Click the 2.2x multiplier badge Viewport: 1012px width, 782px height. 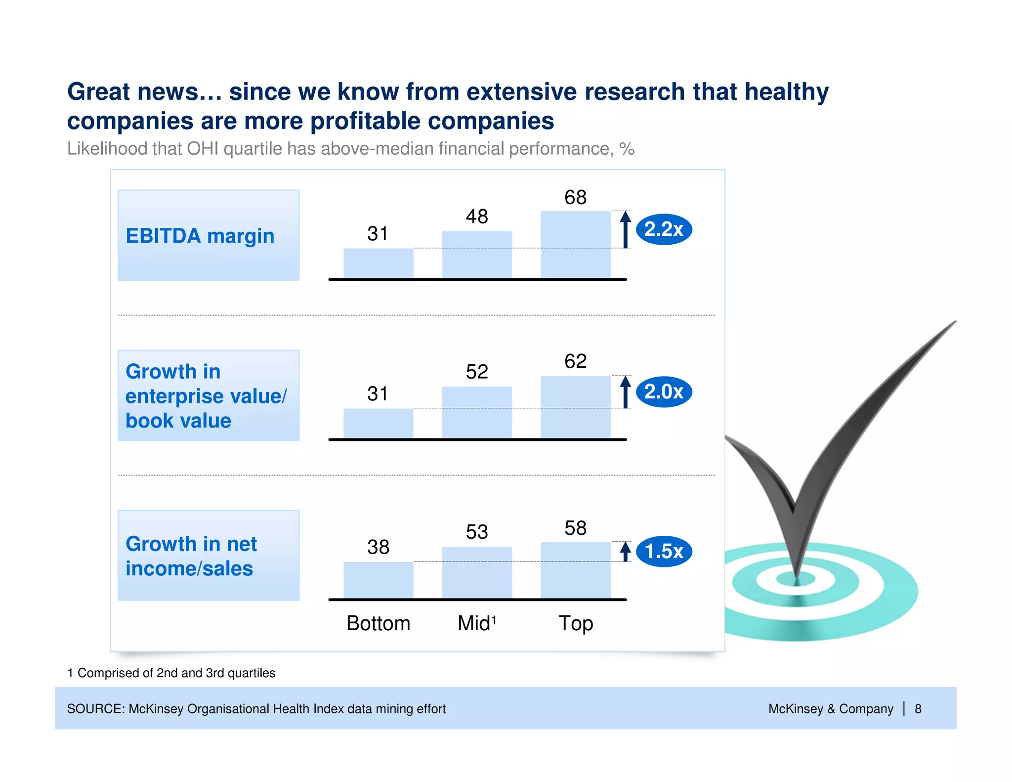[x=664, y=229]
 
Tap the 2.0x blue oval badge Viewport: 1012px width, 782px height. [x=664, y=392]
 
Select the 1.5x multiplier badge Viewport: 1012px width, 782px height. [x=664, y=551]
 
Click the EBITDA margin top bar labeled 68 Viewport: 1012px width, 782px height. [x=576, y=245]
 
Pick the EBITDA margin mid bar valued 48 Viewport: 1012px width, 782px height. [x=477, y=255]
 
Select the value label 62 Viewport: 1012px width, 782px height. [x=576, y=361]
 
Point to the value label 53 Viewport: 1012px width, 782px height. [x=477, y=532]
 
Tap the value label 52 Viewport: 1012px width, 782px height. [x=477, y=372]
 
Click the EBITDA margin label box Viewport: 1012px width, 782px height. [x=209, y=235]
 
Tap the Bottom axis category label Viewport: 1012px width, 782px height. [x=379, y=623]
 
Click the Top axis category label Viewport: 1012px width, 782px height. [x=576, y=623]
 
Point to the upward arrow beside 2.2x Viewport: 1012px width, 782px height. [x=626, y=229]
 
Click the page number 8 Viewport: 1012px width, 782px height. [x=918, y=709]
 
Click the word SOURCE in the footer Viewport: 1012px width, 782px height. [x=96, y=709]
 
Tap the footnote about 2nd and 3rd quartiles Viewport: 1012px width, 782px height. [x=171, y=673]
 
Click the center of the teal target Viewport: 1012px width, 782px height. [x=797, y=579]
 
